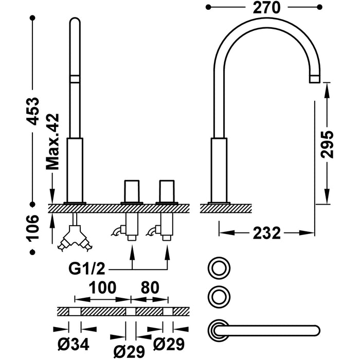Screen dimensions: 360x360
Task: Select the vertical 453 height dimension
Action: coord(33,111)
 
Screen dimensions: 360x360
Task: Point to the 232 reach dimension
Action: coord(267,233)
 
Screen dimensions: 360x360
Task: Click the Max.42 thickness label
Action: coord(53,141)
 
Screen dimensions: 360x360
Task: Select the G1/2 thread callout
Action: coord(88,268)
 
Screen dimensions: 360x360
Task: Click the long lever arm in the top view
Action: coord(273,330)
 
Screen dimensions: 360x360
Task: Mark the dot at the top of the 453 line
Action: coord(33,17)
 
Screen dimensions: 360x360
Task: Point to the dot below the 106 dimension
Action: coord(33,251)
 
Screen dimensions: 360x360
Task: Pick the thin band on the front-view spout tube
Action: coord(75,78)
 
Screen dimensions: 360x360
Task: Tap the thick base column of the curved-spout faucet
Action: coord(219,170)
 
